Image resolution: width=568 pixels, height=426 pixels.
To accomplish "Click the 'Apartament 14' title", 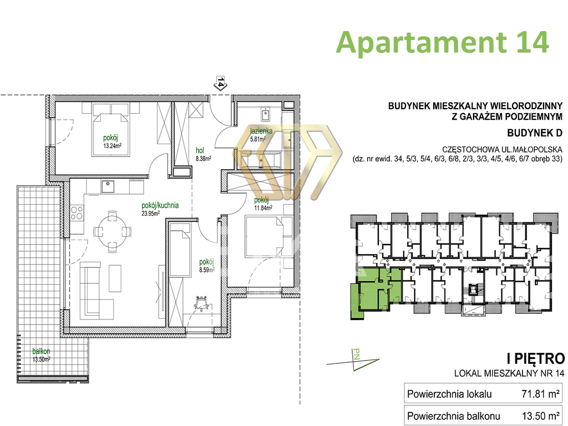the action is (x=442, y=43).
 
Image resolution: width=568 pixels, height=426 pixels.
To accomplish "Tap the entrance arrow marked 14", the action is (x=221, y=83).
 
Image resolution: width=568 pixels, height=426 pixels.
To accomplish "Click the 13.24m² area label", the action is (x=112, y=146).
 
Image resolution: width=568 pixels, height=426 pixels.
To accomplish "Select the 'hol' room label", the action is (x=200, y=150).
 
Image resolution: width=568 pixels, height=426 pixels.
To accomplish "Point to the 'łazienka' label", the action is (x=261, y=131).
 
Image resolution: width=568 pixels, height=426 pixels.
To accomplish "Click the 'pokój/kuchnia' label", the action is (x=160, y=205).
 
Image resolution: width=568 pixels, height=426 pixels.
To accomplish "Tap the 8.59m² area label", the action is (x=207, y=270).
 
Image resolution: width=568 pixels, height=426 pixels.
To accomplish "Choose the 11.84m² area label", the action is (x=263, y=207).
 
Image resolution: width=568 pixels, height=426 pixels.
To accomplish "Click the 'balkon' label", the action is (x=41, y=351).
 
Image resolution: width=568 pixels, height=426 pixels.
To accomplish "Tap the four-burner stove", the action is (x=77, y=213).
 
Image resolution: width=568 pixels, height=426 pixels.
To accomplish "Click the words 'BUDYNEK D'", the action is (x=535, y=133).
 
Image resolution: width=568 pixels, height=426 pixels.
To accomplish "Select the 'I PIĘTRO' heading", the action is (x=535, y=359).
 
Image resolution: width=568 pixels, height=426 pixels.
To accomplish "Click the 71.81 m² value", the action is (x=540, y=394).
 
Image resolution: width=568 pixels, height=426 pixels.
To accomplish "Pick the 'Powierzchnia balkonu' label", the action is (x=454, y=416).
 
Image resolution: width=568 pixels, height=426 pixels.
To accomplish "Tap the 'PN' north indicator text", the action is (x=357, y=354).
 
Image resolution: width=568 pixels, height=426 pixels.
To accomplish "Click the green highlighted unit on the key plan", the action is (x=376, y=290).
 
